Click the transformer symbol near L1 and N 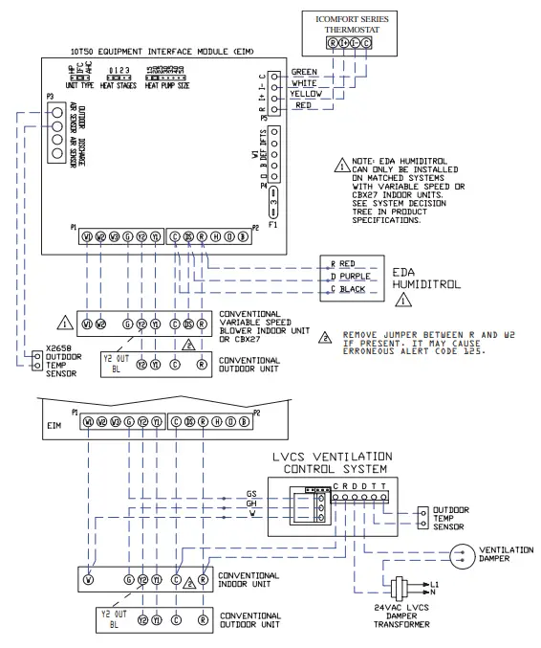point(399,587)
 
